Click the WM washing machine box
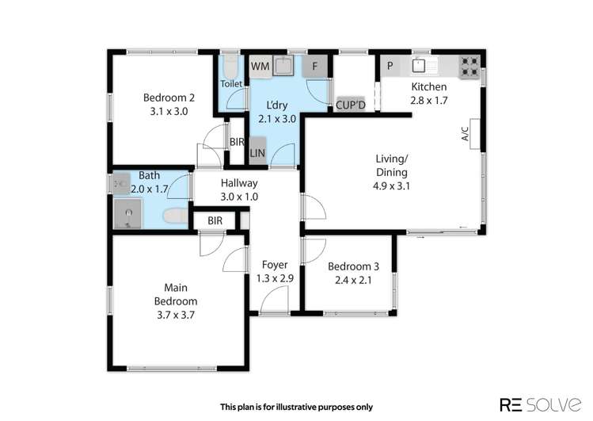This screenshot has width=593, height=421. coord(260,67)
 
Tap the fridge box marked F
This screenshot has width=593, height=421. coord(314,67)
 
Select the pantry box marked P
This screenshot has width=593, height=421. coord(390,66)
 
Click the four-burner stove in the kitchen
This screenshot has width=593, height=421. coord(469,67)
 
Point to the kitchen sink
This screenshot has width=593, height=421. coord(419,65)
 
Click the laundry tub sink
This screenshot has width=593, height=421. coord(283,66)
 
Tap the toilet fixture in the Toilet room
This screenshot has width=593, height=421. coord(230,67)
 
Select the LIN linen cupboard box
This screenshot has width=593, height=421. coord(257,151)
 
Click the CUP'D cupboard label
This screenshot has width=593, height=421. coord(351,105)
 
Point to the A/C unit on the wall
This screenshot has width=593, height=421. coord(474,134)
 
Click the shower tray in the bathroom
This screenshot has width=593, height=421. coord(128,214)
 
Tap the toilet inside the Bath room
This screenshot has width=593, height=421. coord(176,216)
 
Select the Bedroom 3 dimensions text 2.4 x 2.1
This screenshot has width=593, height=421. coord(353,281)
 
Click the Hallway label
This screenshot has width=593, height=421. coord(239,183)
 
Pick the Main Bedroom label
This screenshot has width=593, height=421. coord(176,295)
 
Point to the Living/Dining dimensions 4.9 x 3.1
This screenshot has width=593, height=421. coord(391,186)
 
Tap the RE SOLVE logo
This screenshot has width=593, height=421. coord(541,404)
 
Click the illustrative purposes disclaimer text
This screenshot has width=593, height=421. coord(296,407)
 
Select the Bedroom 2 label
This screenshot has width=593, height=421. coord(169,98)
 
